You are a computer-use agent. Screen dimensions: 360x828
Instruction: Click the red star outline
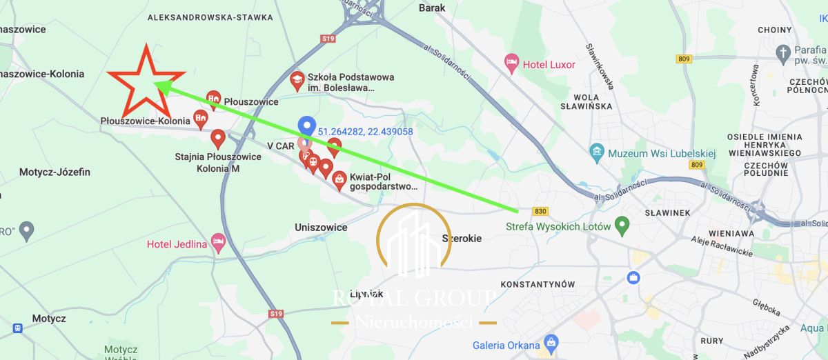(146, 82)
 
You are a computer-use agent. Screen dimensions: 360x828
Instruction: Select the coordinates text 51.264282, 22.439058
(365, 131)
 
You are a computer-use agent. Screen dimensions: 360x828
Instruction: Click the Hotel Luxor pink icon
(511, 64)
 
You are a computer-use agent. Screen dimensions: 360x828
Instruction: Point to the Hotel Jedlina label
(177, 244)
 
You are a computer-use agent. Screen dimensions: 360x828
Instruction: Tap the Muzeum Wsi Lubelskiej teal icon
(597, 151)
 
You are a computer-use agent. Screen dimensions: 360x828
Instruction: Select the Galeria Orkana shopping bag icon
(551, 342)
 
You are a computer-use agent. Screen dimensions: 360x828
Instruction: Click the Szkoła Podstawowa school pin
(297, 80)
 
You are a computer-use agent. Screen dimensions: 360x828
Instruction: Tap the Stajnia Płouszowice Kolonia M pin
(218, 139)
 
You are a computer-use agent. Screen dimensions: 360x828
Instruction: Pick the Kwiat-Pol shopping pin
(339, 180)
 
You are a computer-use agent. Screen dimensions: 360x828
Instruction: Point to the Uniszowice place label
(321, 227)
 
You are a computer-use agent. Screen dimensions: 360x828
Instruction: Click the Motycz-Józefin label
(55, 172)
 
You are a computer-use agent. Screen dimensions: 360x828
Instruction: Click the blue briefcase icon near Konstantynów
(633, 278)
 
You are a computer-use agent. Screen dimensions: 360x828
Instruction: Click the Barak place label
(432, 8)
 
